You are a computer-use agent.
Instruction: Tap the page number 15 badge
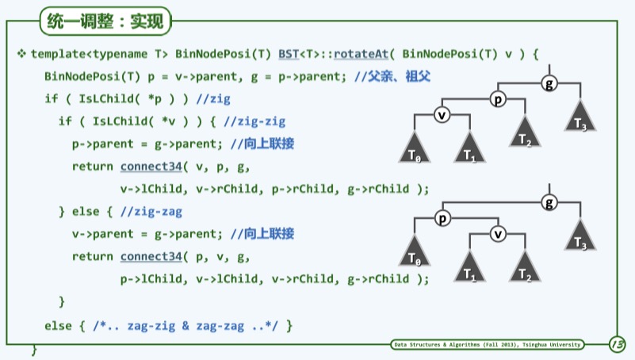tap(616, 344)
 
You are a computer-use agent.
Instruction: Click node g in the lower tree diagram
tap(549, 203)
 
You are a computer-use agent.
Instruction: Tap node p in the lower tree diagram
tap(442, 218)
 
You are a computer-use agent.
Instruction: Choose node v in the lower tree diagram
tap(497, 234)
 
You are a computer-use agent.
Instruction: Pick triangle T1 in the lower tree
tap(469, 268)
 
